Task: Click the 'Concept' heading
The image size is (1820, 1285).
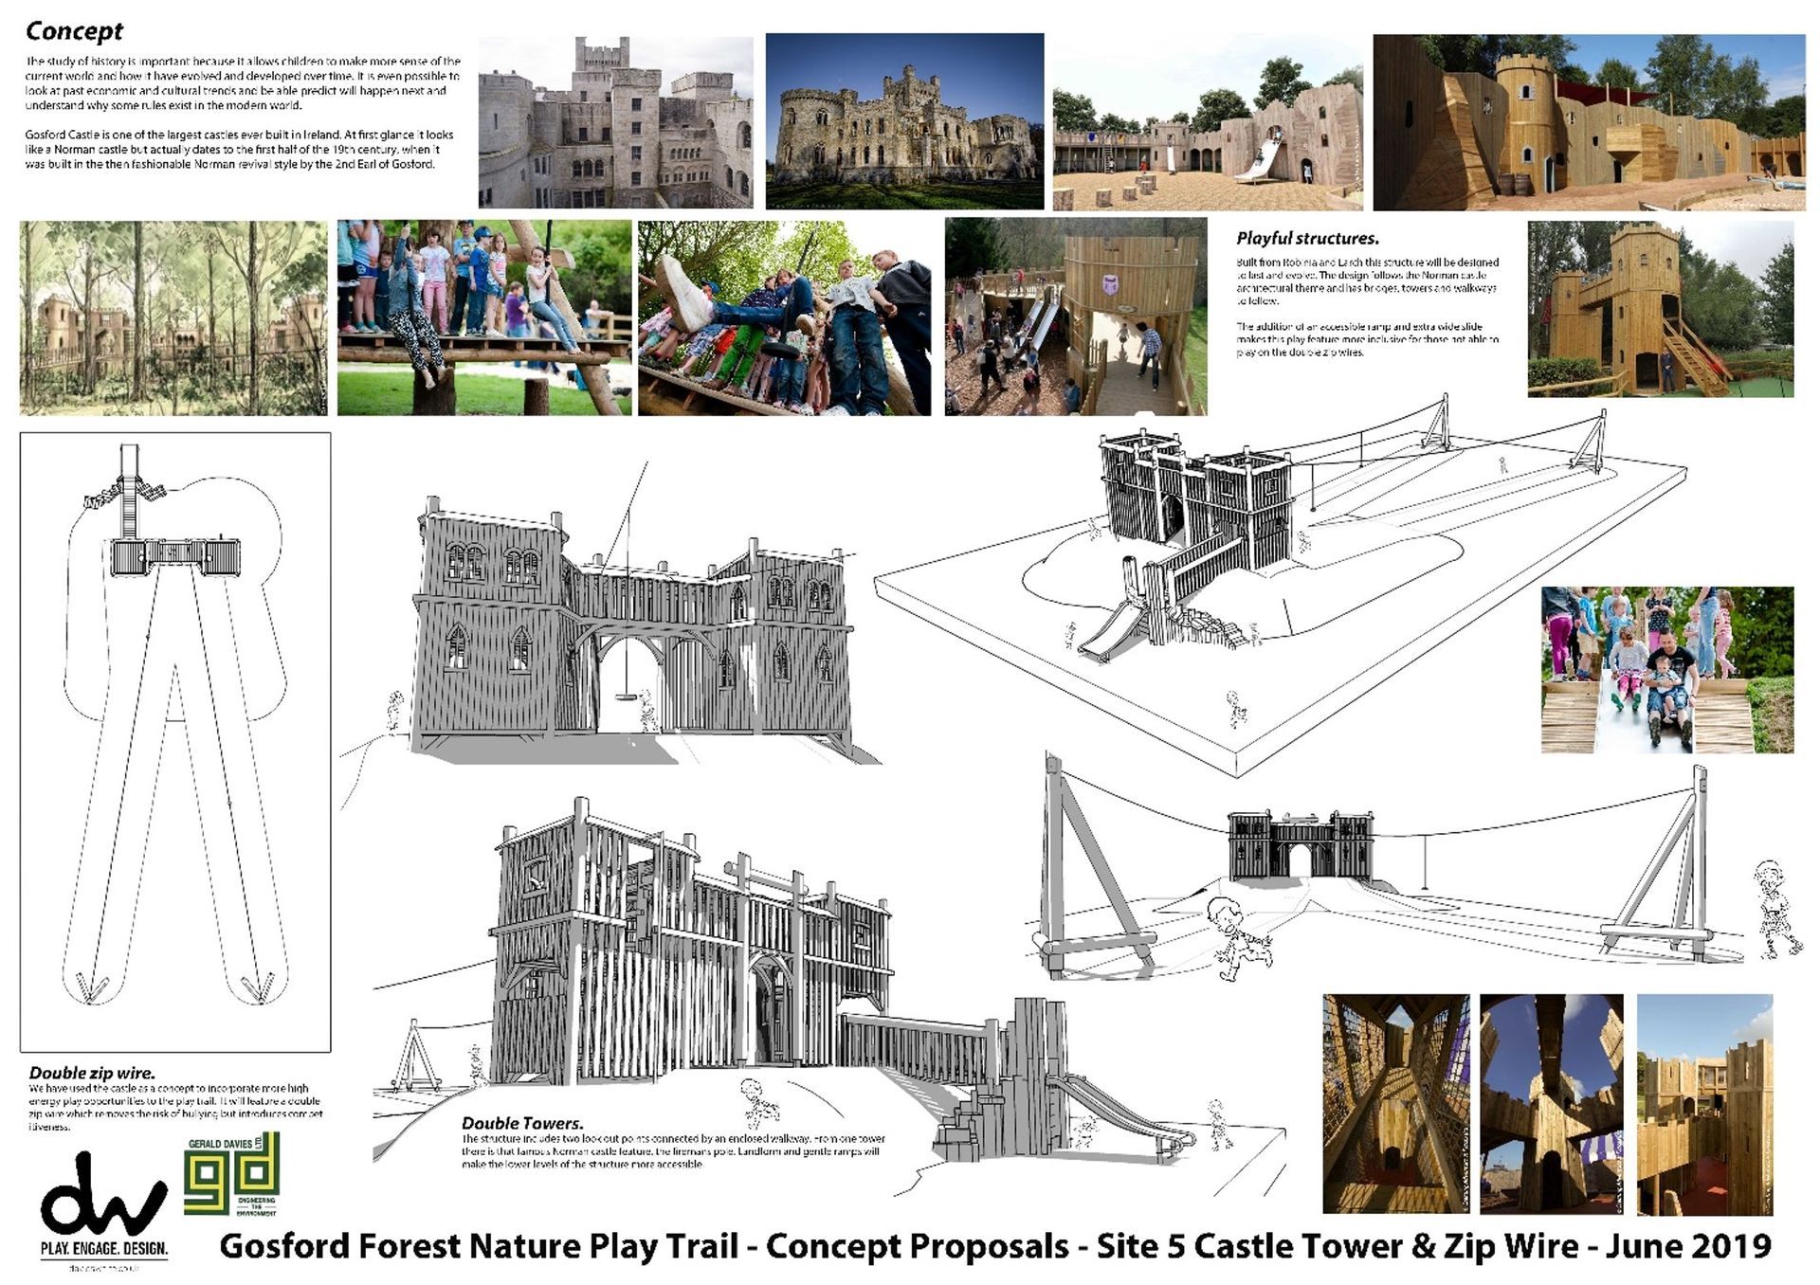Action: pos(74,31)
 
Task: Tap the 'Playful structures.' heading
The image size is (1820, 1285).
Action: pos(1307,239)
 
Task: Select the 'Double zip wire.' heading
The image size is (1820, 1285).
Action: pos(91,1073)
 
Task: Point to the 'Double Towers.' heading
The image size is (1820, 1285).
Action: pos(522,1123)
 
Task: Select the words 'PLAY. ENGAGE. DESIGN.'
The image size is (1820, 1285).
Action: pos(104,1248)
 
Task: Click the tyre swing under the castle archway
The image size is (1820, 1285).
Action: pos(626,697)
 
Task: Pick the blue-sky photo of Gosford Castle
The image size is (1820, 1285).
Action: pos(904,121)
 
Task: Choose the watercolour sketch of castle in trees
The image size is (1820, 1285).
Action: pos(173,318)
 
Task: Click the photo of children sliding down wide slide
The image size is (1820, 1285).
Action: pos(1666,670)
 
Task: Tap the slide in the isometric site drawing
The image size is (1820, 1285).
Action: pos(1105,630)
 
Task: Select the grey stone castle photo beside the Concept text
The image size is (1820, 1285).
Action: pos(615,122)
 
